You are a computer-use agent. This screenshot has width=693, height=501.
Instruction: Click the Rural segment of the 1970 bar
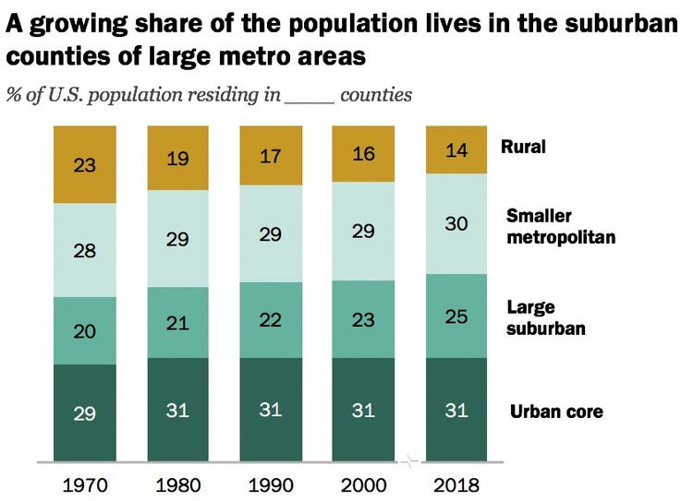(x=86, y=165)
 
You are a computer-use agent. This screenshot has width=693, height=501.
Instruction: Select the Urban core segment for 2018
(x=456, y=410)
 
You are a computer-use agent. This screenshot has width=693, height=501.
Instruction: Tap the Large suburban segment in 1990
(x=271, y=319)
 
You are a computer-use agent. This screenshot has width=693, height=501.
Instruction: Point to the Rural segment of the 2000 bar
(x=363, y=154)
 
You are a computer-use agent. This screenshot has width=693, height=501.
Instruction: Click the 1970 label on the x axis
(x=84, y=484)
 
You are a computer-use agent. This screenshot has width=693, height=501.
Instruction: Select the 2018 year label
(x=456, y=484)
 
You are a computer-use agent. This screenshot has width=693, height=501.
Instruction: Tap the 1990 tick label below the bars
(x=270, y=484)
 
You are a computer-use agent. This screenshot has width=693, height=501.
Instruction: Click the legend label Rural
(x=523, y=146)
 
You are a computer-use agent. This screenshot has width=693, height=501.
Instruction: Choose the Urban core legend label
(x=556, y=411)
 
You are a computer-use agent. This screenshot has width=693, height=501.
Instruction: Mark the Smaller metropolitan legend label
(x=561, y=227)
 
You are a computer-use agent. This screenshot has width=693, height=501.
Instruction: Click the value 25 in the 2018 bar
(x=456, y=316)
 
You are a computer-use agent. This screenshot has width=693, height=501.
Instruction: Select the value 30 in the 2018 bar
(x=456, y=224)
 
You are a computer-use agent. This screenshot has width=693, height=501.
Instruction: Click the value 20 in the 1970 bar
(x=86, y=331)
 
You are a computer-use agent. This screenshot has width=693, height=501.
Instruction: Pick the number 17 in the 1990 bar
(x=271, y=156)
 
